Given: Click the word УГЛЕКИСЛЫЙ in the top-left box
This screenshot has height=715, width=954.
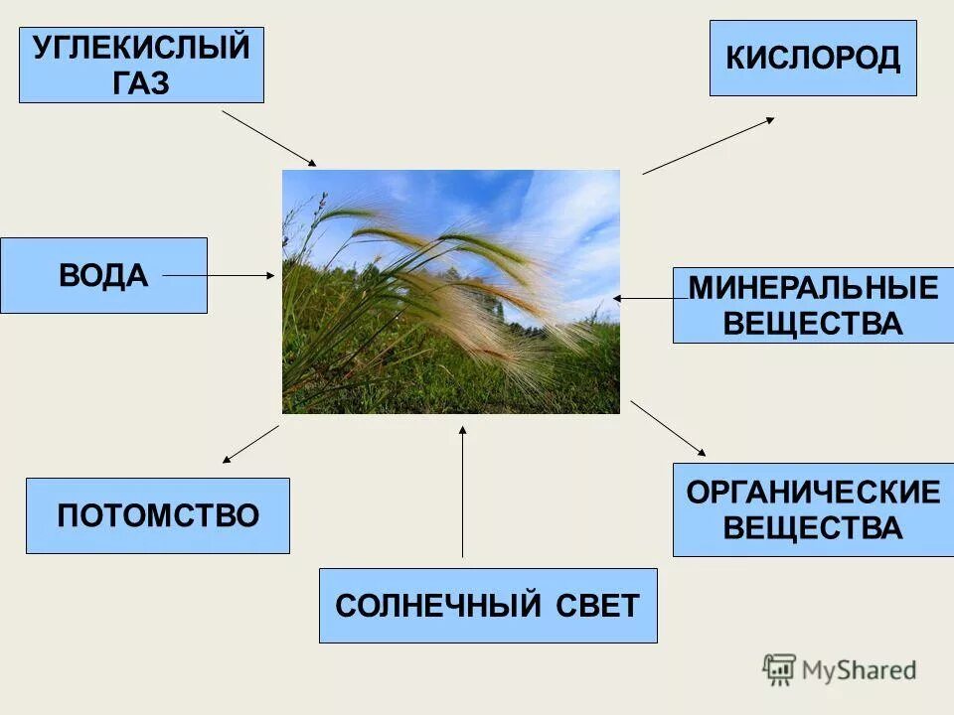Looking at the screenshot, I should (141, 49).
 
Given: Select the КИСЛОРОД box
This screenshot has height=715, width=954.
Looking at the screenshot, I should (813, 59).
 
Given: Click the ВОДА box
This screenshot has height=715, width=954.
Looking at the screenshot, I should (103, 275).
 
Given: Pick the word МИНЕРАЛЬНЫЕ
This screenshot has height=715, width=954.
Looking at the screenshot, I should (813, 289).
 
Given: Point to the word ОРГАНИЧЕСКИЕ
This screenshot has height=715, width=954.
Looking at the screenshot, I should (813, 493).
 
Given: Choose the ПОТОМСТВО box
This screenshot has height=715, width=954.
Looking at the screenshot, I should (158, 515).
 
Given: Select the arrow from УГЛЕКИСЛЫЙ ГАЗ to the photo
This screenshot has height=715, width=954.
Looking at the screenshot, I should (268, 137).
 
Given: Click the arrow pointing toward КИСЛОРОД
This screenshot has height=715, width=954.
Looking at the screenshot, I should (708, 146).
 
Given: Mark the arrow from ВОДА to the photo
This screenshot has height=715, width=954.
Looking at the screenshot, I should (219, 275).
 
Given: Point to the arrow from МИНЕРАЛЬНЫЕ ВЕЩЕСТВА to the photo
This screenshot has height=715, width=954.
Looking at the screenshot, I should (651, 298).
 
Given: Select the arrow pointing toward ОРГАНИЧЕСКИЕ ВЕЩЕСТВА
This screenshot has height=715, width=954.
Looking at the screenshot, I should (668, 428).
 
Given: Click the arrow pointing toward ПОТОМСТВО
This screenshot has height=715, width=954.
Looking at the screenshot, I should (250, 444).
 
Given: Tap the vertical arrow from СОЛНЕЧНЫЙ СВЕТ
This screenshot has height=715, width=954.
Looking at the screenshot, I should (462, 491).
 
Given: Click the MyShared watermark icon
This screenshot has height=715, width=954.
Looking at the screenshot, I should (779, 670).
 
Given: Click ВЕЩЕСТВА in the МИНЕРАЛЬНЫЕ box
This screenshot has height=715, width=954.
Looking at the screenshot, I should (813, 324).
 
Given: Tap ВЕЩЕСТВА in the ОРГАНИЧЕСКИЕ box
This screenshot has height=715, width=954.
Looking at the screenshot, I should (813, 527).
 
